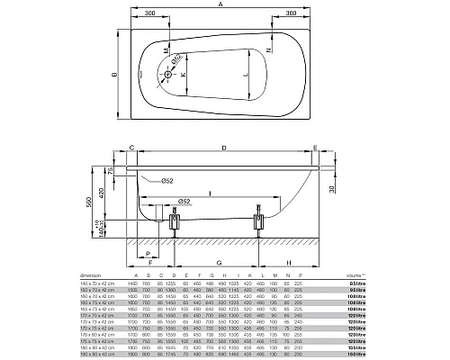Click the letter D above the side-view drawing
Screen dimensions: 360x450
click(x=224, y=147)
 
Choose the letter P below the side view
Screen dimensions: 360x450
click(x=145, y=255)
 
